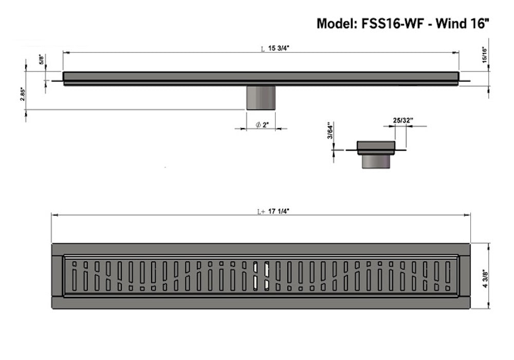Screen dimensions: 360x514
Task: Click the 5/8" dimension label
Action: [42, 60]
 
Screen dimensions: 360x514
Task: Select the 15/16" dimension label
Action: [484, 53]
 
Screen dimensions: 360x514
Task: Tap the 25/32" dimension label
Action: [403, 120]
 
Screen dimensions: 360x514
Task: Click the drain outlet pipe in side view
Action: [261, 97]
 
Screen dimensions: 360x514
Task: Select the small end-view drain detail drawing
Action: [376, 154]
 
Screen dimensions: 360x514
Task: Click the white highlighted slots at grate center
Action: [261, 276]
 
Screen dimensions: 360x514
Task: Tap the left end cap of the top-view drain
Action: [57, 276]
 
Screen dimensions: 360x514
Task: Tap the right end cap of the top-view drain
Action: [464, 276]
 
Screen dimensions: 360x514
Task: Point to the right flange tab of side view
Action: [465, 81]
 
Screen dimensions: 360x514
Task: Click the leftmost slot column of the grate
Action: [74, 276]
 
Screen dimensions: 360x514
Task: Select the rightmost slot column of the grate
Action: [448, 276]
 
